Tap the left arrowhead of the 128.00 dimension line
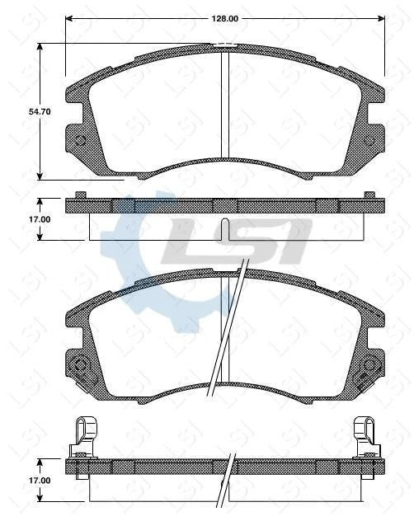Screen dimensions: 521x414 [x=69, y=17]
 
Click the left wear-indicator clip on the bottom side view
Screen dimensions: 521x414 [x=82, y=435]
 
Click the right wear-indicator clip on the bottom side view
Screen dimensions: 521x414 [x=365, y=435]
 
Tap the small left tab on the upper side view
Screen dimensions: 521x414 [x=80, y=195]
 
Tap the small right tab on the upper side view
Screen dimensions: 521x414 [x=369, y=195]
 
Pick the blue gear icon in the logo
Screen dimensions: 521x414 [x=136, y=247]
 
